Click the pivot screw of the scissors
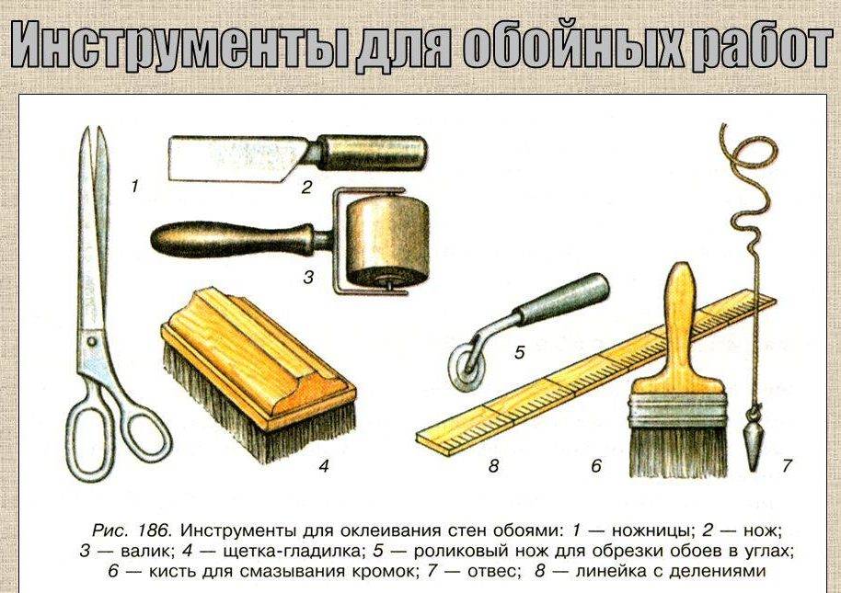92,341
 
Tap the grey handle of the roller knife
562,300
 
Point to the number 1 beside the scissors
134,187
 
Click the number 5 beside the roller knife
519,352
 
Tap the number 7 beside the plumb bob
787,465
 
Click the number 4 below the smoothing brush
323,466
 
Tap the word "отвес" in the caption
490,572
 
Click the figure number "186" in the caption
154,530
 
